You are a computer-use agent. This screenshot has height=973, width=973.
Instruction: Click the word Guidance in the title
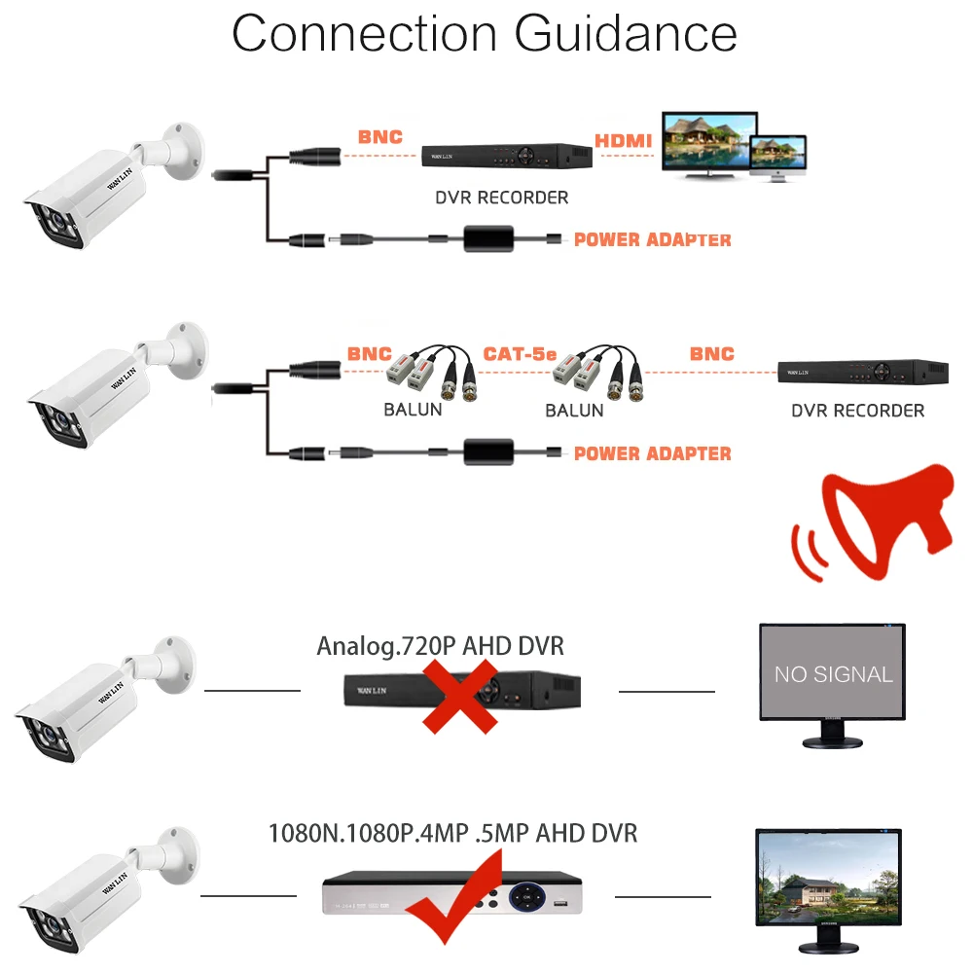coord(625,34)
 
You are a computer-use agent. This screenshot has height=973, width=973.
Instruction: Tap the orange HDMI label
coord(624,141)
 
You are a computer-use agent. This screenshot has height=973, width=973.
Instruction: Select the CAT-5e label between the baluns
coord(521,354)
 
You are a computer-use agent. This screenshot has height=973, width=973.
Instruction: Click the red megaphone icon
coord(881,521)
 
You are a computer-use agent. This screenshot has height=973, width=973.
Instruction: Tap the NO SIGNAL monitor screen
coord(833,673)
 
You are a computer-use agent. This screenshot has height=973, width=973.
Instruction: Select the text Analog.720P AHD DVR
coord(441,646)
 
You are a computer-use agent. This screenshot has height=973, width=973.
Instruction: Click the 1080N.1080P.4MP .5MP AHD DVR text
coord(453,834)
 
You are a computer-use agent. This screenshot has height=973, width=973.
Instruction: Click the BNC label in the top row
coord(379,137)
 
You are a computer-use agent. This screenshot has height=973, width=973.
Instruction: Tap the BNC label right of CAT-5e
coord(711,354)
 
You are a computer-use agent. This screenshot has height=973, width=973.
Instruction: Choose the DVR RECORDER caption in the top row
coord(501,198)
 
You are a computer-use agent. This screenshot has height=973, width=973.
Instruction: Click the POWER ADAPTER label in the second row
coord(652,453)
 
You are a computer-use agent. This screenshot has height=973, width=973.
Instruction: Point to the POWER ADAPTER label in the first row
coord(652,239)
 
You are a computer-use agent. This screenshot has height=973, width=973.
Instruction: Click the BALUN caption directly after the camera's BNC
coord(413,410)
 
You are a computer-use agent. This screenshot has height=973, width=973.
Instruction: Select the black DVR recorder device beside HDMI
coord(507,156)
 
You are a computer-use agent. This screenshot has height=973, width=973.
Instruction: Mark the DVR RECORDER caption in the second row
coord(857,411)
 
